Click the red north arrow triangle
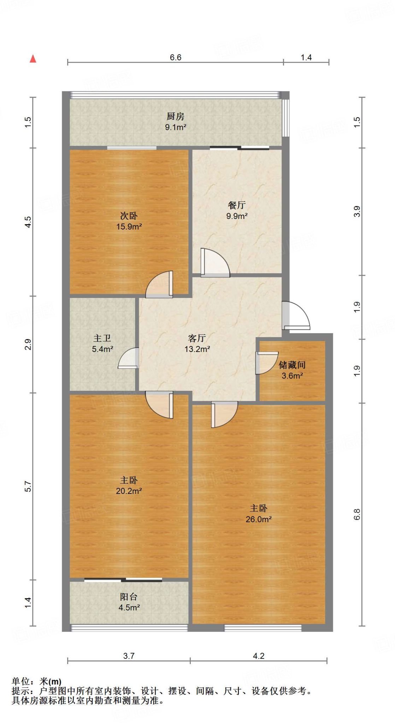(x=33, y=59)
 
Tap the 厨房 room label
(x=175, y=116)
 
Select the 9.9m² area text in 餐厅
(x=237, y=216)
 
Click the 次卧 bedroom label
(x=129, y=216)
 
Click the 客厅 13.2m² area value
(x=197, y=349)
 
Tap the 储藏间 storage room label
(x=292, y=365)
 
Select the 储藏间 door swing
(x=266, y=362)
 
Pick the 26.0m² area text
(x=259, y=519)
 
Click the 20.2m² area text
(x=129, y=491)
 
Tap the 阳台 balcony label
(x=129, y=597)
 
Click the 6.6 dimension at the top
(x=175, y=58)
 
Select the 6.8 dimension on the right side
(x=357, y=514)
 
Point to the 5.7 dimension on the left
(x=28, y=486)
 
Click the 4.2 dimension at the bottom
(x=259, y=656)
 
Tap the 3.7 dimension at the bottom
(x=129, y=656)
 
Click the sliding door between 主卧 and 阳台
(x=123, y=580)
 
